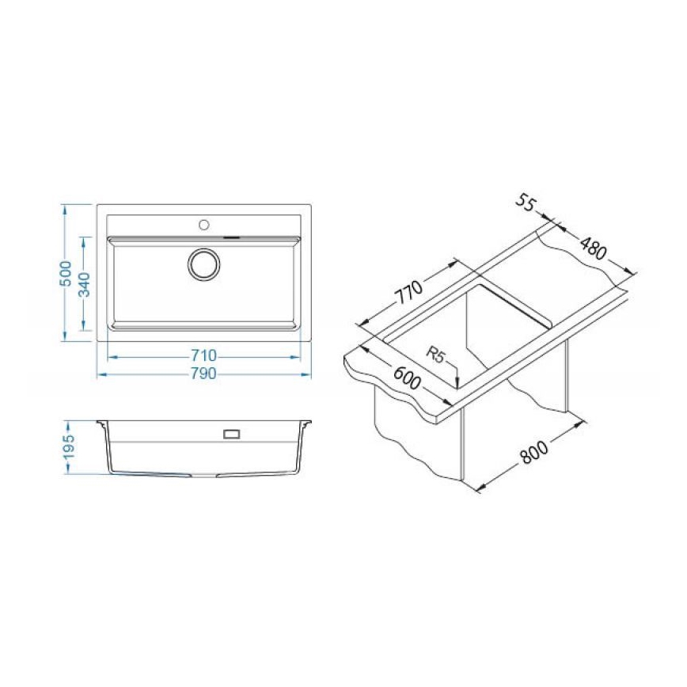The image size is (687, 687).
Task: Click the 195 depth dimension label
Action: (68, 446)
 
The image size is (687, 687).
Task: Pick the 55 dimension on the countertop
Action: (525, 203)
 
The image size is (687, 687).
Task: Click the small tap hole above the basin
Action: (204, 225)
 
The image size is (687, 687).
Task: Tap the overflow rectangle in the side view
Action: (233, 433)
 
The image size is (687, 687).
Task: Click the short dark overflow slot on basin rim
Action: (231, 236)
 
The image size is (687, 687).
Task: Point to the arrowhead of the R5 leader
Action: (457, 385)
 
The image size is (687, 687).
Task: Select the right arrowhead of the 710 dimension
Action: (298, 355)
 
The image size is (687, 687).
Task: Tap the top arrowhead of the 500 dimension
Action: (66, 207)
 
